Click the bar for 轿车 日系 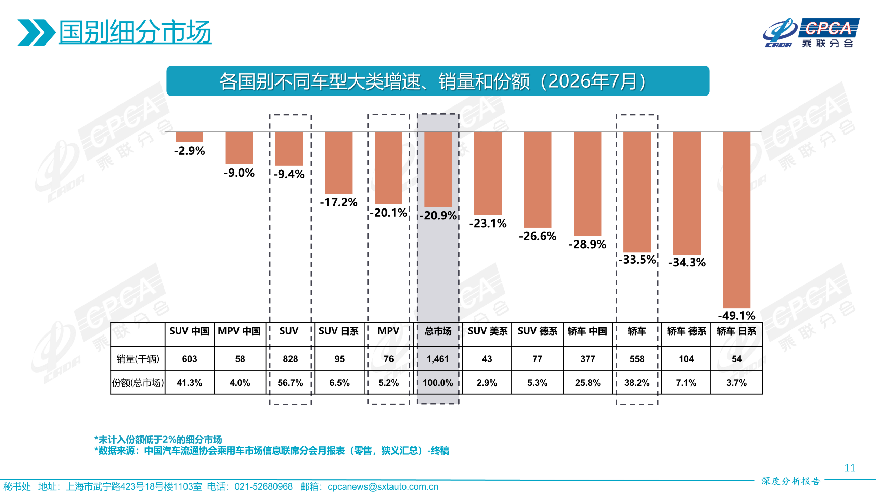point(736,220)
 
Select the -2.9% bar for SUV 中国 point(189,137)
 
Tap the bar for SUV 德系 point(537,180)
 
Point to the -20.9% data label point(438,215)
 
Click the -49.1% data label point(736,315)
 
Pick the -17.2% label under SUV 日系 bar point(339,202)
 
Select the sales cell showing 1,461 point(438,359)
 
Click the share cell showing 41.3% point(189,383)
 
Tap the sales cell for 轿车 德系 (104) point(686,359)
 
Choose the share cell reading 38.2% point(637,383)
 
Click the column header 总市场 point(438,331)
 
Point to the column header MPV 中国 point(239,331)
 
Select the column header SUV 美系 point(488,331)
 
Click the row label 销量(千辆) point(138,359)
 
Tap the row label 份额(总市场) point(138,383)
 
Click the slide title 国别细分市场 point(135,32)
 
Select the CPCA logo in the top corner point(811,33)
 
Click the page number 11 point(850,468)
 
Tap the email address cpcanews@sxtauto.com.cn point(383,486)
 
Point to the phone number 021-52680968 point(263,486)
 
